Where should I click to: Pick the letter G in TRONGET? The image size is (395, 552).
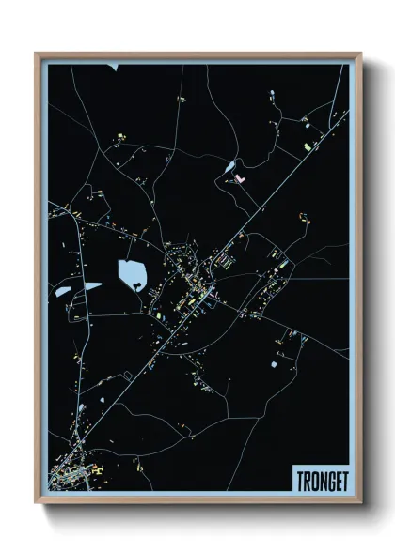point(331,479)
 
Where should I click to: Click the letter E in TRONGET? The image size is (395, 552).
point(339,479)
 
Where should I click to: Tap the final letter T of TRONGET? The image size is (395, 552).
point(345,479)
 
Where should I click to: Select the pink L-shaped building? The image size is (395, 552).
point(240,176)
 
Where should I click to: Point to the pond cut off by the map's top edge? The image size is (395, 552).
point(112,67)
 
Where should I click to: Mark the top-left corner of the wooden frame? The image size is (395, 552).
point(37,54)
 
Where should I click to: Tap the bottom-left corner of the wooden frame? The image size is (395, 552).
point(37,504)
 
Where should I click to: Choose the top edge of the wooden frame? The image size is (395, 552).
point(197,54)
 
